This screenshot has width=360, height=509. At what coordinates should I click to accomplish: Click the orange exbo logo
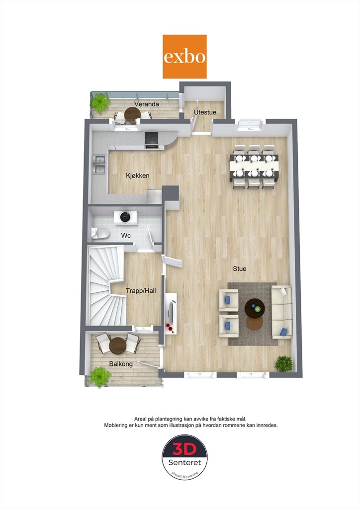(x=184, y=57)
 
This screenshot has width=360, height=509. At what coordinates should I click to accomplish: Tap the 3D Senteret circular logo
(x=184, y=457)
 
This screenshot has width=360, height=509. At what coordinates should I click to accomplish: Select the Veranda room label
(x=147, y=104)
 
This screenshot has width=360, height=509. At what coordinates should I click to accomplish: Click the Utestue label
(x=205, y=112)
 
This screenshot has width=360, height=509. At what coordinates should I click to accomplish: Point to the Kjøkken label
(x=138, y=175)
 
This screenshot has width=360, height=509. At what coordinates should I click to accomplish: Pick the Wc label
(x=126, y=235)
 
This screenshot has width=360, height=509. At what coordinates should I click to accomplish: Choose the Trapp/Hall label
(x=141, y=291)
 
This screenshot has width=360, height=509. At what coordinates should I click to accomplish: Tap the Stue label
(x=240, y=269)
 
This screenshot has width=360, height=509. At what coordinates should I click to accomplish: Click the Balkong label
(x=121, y=364)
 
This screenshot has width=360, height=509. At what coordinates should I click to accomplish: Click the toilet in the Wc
(x=100, y=233)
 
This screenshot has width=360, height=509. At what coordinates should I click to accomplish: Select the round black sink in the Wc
(x=125, y=217)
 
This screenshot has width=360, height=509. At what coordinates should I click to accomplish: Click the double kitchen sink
(x=99, y=164)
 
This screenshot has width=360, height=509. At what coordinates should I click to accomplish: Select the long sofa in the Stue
(x=282, y=312)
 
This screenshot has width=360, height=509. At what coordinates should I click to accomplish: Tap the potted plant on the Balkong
(x=100, y=377)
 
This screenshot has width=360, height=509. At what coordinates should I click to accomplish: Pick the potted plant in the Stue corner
(x=284, y=364)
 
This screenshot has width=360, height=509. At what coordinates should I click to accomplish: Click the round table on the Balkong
(x=117, y=346)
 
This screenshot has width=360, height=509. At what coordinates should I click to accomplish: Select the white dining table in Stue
(x=254, y=166)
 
